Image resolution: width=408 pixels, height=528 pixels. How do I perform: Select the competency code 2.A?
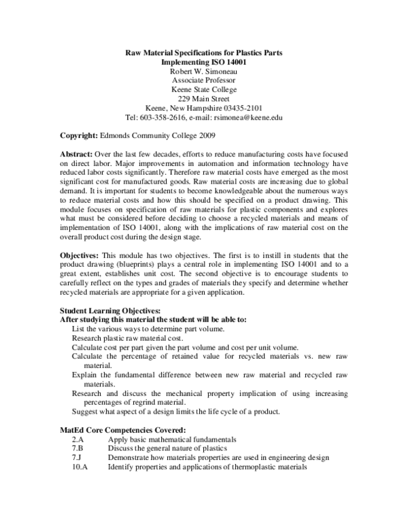coord(78,440)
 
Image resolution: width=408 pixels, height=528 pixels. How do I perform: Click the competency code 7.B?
coord(78,448)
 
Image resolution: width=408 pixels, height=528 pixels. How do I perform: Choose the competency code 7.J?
coord(78,458)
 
